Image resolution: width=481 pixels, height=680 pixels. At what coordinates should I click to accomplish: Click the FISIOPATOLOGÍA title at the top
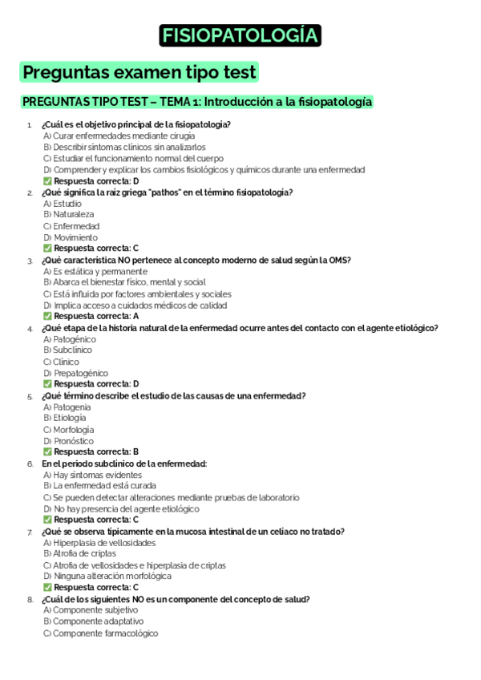(x=240, y=36)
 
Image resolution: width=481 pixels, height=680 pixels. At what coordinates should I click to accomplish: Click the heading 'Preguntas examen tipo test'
(x=139, y=72)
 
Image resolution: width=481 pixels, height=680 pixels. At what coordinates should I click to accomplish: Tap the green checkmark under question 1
(x=47, y=181)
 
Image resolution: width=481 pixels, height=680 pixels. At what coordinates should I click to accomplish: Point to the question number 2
(x=30, y=192)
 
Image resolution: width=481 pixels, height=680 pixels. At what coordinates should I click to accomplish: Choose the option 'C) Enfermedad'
(x=71, y=226)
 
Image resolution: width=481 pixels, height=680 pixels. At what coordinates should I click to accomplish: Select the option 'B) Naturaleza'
(x=68, y=215)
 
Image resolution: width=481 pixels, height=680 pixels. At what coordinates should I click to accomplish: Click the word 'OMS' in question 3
(x=339, y=260)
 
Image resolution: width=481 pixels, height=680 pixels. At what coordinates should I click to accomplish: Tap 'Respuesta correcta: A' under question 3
(x=96, y=316)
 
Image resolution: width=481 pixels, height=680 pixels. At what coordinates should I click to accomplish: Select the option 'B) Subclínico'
(x=68, y=350)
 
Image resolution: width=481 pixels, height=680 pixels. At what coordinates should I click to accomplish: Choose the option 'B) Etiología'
(x=65, y=418)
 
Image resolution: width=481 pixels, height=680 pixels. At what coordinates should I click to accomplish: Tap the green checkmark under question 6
(x=47, y=520)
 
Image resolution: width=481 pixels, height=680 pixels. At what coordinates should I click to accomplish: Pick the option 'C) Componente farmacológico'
(x=100, y=633)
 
